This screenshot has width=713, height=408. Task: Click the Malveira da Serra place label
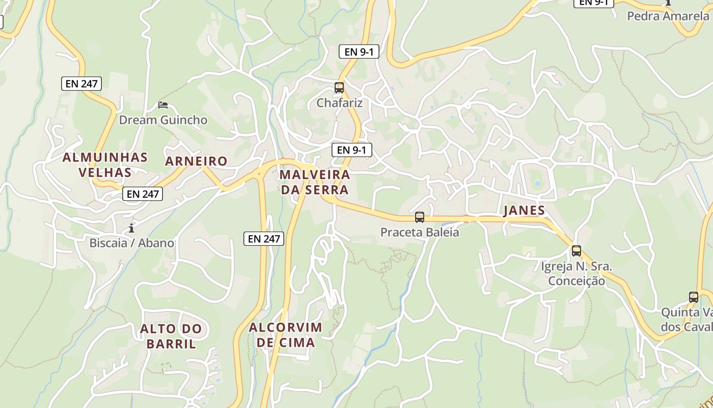[x=315, y=182]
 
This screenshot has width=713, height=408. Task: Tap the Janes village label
[x=524, y=210]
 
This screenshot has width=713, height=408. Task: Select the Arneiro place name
[x=196, y=161]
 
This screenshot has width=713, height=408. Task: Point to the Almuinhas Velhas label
[x=105, y=165]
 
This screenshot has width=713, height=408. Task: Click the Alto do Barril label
[x=171, y=336]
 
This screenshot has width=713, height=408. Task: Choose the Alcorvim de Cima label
[x=286, y=335]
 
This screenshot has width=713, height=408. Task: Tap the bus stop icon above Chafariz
[x=339, y=88]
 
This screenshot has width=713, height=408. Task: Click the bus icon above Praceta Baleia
[x=420, y=217]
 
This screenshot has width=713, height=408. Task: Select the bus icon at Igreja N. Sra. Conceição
[x=577, y=251]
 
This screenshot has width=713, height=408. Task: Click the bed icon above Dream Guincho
[x=163, y=105]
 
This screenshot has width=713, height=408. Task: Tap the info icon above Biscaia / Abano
[x=131, y=227]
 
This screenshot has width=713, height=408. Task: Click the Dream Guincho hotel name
[x=163, y=120]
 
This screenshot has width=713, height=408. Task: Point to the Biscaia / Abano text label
[x=131, y=243]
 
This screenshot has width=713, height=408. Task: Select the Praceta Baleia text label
[x=420, y=233]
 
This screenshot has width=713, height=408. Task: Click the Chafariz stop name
[x=340, y=103]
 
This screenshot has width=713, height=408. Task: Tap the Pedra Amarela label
[x=668, y=16]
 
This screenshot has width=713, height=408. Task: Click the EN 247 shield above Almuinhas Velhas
[x=81, y=84]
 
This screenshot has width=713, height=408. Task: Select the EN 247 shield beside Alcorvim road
[x=263, y=238]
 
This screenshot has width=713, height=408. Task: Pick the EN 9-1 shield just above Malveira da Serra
[x=351, y=150]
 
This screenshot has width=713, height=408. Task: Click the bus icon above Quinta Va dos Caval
[x=694, y=297]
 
